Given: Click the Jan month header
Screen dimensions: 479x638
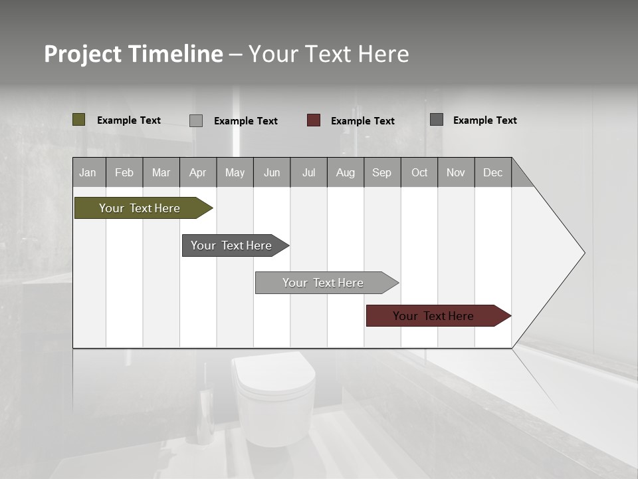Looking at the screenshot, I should coord(88,172).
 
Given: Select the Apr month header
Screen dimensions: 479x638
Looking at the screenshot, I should coord(198,172).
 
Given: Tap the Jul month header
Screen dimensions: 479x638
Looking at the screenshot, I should coord(308,172).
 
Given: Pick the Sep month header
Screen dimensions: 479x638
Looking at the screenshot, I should coord(382,172).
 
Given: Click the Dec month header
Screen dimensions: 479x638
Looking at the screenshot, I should coord(492,172).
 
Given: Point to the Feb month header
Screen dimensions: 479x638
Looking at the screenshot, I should coord(124,172).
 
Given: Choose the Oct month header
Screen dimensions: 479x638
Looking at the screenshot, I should coord(419,172).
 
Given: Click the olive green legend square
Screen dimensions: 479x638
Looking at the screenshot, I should coord(79,120).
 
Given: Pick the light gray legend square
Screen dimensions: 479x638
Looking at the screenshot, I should coord(196,120).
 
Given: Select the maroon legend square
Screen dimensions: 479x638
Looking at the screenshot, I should coord(314,120).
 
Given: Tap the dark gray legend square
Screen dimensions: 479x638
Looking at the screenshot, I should coord(437,120).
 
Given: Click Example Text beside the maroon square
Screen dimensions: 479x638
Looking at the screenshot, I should coord(362,121).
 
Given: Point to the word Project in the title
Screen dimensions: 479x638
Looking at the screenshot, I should coord(82,55).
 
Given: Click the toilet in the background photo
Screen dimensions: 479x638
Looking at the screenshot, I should coord(273,399).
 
